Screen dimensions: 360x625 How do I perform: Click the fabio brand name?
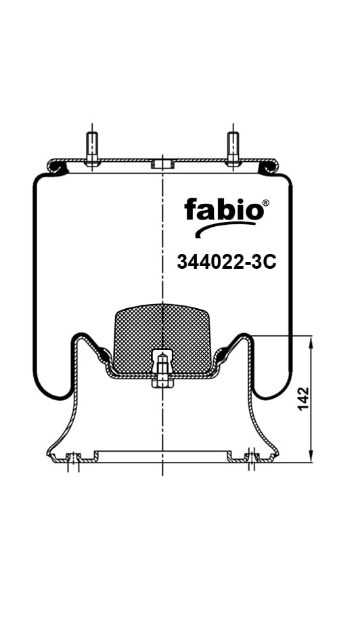[x=223, y=209]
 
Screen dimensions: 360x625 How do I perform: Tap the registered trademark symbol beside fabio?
[x=266, y=202]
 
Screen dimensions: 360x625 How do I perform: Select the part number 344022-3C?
[x=227, y=262]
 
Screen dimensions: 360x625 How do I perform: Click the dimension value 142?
[x=303, y=397]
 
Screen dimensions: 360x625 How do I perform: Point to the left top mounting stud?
[x=92, y=149]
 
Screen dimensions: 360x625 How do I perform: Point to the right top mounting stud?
[x=233, y=149]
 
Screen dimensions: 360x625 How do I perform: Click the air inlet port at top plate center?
[x=162, y=164]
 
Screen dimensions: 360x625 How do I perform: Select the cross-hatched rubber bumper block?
[x=162, y=339]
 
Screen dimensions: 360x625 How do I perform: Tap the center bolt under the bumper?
[x=162, y=368]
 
